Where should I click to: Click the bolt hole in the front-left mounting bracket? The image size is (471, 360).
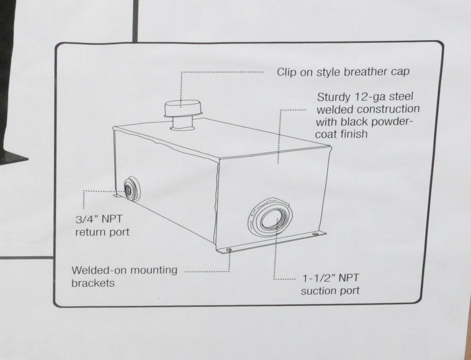[229, 250]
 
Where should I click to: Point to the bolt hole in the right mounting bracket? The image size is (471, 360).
[316, 234]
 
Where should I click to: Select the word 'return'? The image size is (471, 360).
[90, 232]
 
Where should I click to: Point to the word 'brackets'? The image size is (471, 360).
[93, 283]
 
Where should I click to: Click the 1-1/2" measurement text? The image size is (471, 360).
[319, 278]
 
